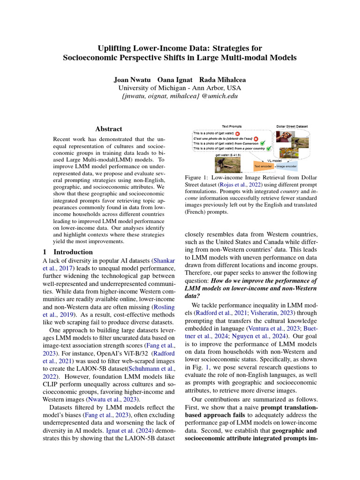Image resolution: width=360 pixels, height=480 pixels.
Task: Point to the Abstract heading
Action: (109, 129)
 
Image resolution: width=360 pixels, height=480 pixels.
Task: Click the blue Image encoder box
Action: (286, 166)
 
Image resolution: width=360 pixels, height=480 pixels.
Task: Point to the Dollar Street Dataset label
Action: (292, 127)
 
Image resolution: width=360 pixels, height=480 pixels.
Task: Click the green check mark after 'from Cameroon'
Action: (263, 143)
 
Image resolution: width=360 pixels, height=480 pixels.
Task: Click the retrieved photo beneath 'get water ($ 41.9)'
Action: (227, 164)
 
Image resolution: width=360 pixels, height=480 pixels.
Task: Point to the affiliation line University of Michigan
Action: (180, 88)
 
